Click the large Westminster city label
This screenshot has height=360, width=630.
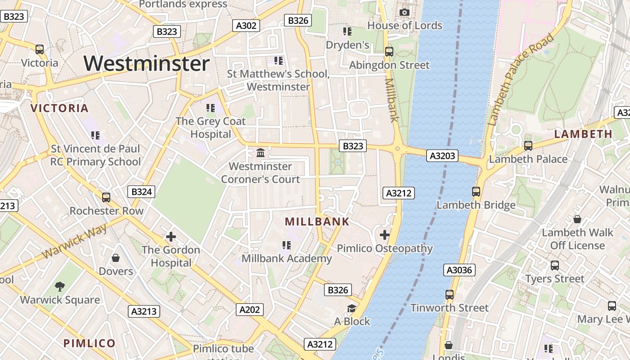pyautogui.click(x=147, y=63)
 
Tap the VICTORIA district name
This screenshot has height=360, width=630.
pyautogui.click(x=59, y=108)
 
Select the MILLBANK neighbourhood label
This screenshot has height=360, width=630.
pyautogui.click(x=317, y=221)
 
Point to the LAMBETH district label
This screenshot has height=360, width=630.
pyautogui.click(x=583, y=134)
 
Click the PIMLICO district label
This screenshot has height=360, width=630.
pyautogui.click(x=90, y=343)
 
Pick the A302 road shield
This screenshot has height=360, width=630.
pyautogui.click(x=246, y=26)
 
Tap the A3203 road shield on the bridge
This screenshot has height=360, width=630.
pyautogui.click(x=443, y=156)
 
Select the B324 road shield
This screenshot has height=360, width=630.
pyautogui.click(x=141, y=192)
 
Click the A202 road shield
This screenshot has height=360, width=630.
pyautogui.click(x=250, y=310)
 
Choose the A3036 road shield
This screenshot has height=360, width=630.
pyautogui.click(x=459, y=270)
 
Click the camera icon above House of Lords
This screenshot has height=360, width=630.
pyautogui.click(x=405, y=12)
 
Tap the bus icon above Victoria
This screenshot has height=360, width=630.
pyautogui.click(x=40, y=49)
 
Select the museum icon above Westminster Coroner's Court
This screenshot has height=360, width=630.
pyautogui.click(x=261, y=153)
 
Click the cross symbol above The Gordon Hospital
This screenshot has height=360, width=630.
pyautogui.click(x=171, y=236)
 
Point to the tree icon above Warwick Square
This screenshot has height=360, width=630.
pyautogui.click(x=60, y=287)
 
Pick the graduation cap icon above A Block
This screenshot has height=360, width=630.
pyautogui.click(x=351, y=308)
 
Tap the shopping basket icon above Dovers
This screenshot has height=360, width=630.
pyautogui.click(x=116, y=258)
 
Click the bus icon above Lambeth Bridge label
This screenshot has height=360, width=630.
pyautogui.click(x=476, y=192)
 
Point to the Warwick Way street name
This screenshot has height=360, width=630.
pyautogui.click(x=75, y=241)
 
